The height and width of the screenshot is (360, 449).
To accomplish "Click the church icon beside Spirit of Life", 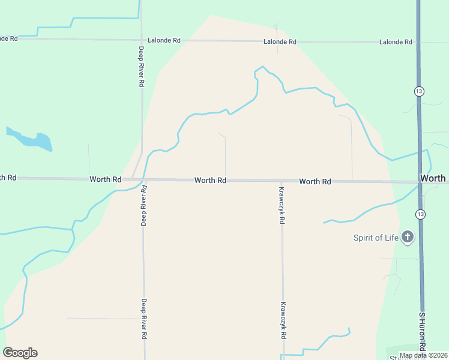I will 408,237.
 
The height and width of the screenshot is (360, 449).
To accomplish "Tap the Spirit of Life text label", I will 375,238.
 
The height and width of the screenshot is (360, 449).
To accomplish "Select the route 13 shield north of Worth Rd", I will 418,91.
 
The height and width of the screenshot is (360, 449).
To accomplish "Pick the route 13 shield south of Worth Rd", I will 420,214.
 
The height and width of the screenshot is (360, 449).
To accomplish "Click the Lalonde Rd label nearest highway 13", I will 396,42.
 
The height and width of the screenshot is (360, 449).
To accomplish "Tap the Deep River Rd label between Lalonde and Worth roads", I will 141,67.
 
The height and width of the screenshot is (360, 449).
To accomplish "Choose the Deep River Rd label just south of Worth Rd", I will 144,206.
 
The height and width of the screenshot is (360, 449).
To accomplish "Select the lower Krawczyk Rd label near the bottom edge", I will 282,320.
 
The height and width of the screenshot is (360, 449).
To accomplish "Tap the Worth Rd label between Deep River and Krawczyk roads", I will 210,180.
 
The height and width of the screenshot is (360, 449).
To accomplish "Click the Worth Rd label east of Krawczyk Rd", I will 315,181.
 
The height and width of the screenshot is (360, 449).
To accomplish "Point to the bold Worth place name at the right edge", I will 433,178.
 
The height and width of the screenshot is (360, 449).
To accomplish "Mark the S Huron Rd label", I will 422,331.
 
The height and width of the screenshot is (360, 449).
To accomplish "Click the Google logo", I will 20,353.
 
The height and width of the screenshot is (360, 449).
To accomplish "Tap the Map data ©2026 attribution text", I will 424,355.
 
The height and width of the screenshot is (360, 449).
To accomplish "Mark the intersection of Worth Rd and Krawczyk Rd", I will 282,181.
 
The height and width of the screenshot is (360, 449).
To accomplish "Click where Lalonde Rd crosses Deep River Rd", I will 141,40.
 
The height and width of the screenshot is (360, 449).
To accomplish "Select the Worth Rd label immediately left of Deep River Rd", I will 105,179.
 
